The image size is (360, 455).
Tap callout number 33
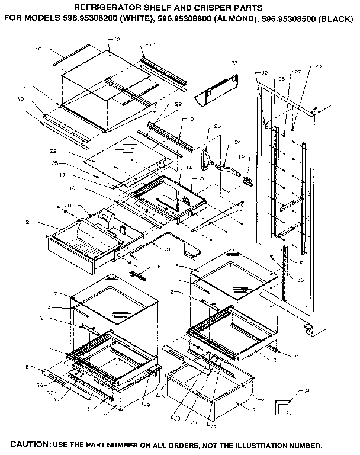(234, 62)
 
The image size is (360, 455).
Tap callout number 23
(217, 126)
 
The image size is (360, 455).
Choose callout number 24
(238, 142)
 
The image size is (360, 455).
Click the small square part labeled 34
(285, 408)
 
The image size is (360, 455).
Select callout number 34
(306, 391)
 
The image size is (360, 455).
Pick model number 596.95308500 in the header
(288, 18)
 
